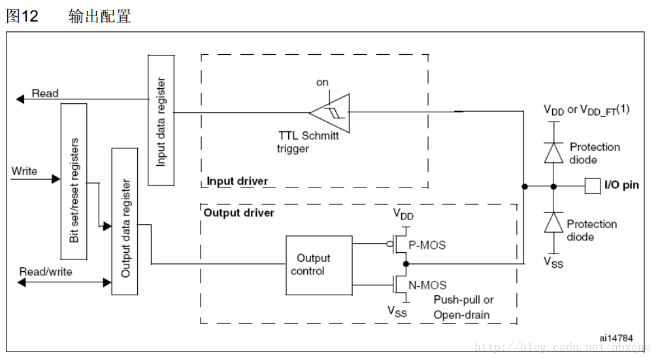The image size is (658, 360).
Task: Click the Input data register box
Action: point(161,120)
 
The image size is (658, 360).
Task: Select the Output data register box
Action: point(125,221)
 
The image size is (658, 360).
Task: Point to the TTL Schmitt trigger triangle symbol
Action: point(330,112)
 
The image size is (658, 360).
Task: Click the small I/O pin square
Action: point(591,186)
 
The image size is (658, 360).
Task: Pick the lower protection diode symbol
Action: point(553,223)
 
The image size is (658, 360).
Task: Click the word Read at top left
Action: point(45,93)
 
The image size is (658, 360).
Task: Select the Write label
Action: point(25,172)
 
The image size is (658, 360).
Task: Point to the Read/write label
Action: point(46,271)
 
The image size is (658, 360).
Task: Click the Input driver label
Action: point(237,181)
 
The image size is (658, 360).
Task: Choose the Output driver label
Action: point(239,213)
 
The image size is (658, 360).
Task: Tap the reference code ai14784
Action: point(616,338)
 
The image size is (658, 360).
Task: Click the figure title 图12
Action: point(22,17)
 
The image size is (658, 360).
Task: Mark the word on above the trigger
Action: point(322,82)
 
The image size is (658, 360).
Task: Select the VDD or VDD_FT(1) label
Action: point(586,110)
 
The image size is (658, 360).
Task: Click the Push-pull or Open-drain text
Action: point(463,307)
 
